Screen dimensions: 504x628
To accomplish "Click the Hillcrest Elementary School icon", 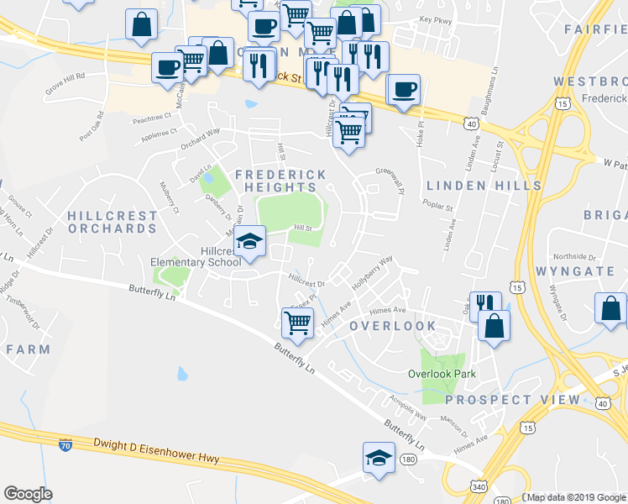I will [x=249, y=241].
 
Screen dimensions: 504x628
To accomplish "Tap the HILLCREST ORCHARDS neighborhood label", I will [x=113, y=222].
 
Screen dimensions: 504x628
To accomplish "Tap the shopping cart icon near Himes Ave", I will [x=297, y=321].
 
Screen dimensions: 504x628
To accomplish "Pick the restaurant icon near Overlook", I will [x=485, y=306].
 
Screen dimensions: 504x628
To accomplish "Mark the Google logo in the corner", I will [x=29, y=494].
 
